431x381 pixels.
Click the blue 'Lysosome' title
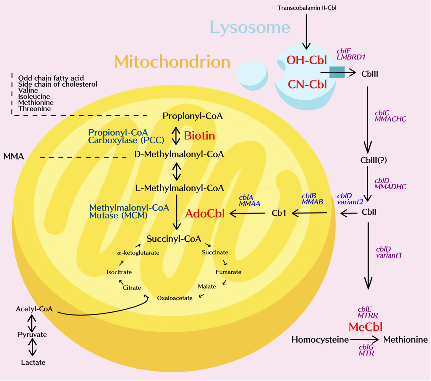point(250,27)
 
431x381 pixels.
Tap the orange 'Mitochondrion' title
point(172,62)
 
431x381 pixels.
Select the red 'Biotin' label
point(199,136)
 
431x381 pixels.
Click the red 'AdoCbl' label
point(205,213)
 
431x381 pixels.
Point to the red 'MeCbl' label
point(365,327)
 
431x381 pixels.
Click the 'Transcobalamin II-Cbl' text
point(307,8)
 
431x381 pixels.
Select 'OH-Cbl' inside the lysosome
point(306,60)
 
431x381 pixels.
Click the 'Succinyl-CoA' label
point(174,239)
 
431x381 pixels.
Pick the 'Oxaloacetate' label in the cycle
point(175,298)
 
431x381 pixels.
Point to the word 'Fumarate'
point(228,272)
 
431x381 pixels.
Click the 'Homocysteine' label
point(320,340)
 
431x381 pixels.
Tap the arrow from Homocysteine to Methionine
point(364,340)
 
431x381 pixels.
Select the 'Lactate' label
point(33,362)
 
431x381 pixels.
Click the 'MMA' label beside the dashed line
point(14,157)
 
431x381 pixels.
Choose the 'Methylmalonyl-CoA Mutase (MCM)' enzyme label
point(129,212)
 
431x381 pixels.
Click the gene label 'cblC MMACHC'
point(390,116)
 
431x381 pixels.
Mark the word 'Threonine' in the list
point(34,109)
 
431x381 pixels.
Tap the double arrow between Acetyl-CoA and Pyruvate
point(32,323)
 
